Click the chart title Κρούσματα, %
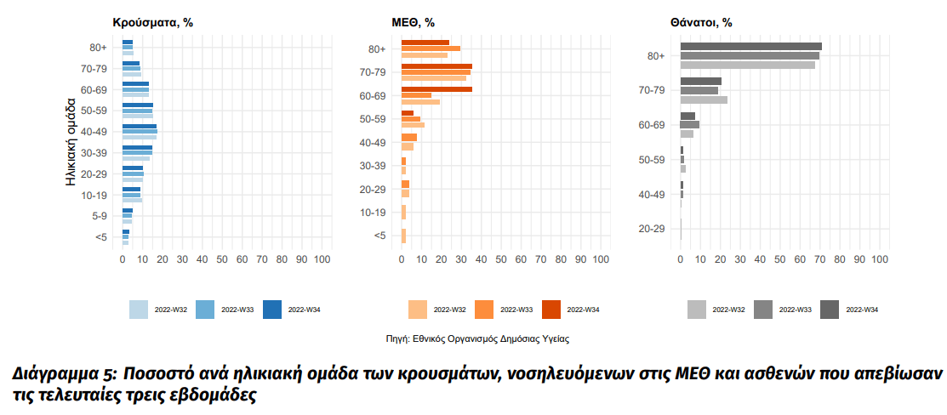pyautogui.click(x=152, y=23)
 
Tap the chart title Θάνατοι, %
pyautogui.click(x=702, y=23)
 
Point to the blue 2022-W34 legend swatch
pyautogui.click(x=272, y=310)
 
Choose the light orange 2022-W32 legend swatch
pyautogui.click(x=418, y=310)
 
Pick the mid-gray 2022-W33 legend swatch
pyautogui.click(x=762, y=310)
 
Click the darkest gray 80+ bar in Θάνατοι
pyautogui.click(x=750, y=47)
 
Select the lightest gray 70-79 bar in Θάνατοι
pyautogui.click(x=704, y=99)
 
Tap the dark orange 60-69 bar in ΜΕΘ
pyautogui.click(x=436, y=89)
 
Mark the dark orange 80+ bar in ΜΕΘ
pyautogui.click(x=425, y=43)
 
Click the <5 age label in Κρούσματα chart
pyautogui.click(x=101, y=236)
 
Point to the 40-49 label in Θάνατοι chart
pyautogui.click(x=651, y=195)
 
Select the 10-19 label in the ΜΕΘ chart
pyautogui.click(x=374, y=213)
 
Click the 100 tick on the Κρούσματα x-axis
pyautogui.click(x=322, y=259)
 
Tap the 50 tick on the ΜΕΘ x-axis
pyautogui.click(x=501, y=259)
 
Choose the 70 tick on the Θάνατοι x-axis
pyautogui.click(x=820, y=259)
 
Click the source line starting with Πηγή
pyautogui.click(x=477, y=338)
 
